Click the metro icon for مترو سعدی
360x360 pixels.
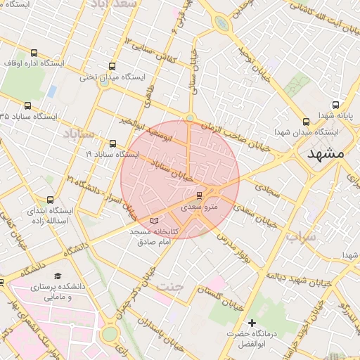[200, 195]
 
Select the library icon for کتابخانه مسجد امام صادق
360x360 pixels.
[155, 221]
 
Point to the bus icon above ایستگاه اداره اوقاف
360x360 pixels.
[34, 53]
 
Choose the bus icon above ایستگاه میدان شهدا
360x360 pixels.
[305, 121]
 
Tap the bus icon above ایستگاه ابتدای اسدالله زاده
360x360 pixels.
[49, 200]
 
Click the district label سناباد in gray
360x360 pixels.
[78, 133]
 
